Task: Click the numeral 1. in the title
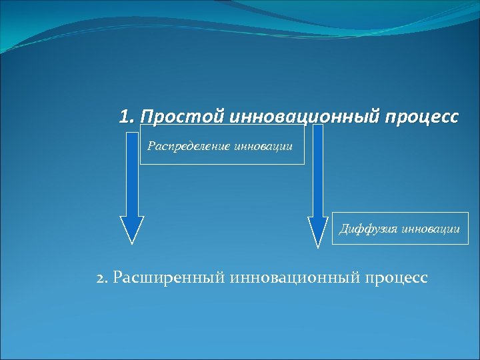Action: tap(127, 117)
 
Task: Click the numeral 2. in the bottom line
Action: tap(103, 277)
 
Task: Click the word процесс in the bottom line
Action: tap(397, 277)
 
